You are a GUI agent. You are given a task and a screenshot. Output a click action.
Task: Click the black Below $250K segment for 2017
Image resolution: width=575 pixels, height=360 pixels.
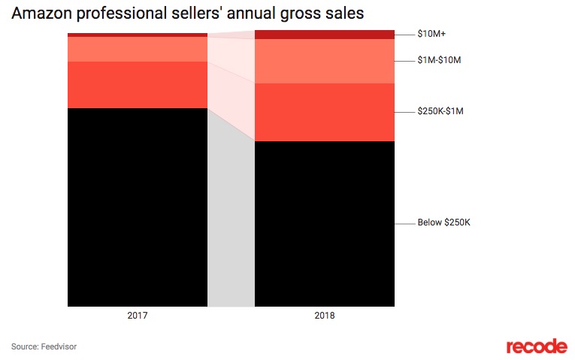[137, 207]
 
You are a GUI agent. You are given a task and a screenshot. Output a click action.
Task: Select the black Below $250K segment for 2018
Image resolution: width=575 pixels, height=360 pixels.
[325, 223]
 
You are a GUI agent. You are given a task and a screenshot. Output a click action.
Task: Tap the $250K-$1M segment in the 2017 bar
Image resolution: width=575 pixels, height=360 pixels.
[137, 84]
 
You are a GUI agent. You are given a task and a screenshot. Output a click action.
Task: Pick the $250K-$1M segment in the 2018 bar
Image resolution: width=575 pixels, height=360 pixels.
[325, 112]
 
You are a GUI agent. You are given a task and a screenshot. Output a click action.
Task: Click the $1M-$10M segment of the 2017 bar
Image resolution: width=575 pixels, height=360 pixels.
[137, 49]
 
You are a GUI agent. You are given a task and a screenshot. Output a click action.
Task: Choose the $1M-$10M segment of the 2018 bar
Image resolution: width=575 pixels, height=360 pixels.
[325, 61]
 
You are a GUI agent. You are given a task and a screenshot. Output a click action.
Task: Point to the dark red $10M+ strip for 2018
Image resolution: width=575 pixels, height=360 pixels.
[325, 35]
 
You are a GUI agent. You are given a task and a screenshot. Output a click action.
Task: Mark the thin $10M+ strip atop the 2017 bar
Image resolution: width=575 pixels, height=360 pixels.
[137, 35]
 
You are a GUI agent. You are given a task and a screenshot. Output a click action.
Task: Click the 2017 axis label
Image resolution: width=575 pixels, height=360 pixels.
[138, 316]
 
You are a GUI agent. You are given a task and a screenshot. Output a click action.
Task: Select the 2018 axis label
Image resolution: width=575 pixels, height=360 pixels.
[325, 316]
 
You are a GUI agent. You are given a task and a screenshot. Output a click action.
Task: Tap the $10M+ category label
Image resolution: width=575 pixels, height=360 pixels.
[431, 34]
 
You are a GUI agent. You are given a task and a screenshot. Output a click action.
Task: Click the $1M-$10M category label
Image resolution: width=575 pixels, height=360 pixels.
[438, 59]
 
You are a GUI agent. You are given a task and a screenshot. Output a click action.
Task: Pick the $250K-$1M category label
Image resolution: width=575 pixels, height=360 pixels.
[440, 111]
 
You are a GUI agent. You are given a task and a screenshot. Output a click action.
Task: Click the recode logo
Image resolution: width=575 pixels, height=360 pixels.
[536, 346]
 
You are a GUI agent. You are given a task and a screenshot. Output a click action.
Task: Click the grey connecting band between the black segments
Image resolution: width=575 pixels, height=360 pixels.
[231, 225]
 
